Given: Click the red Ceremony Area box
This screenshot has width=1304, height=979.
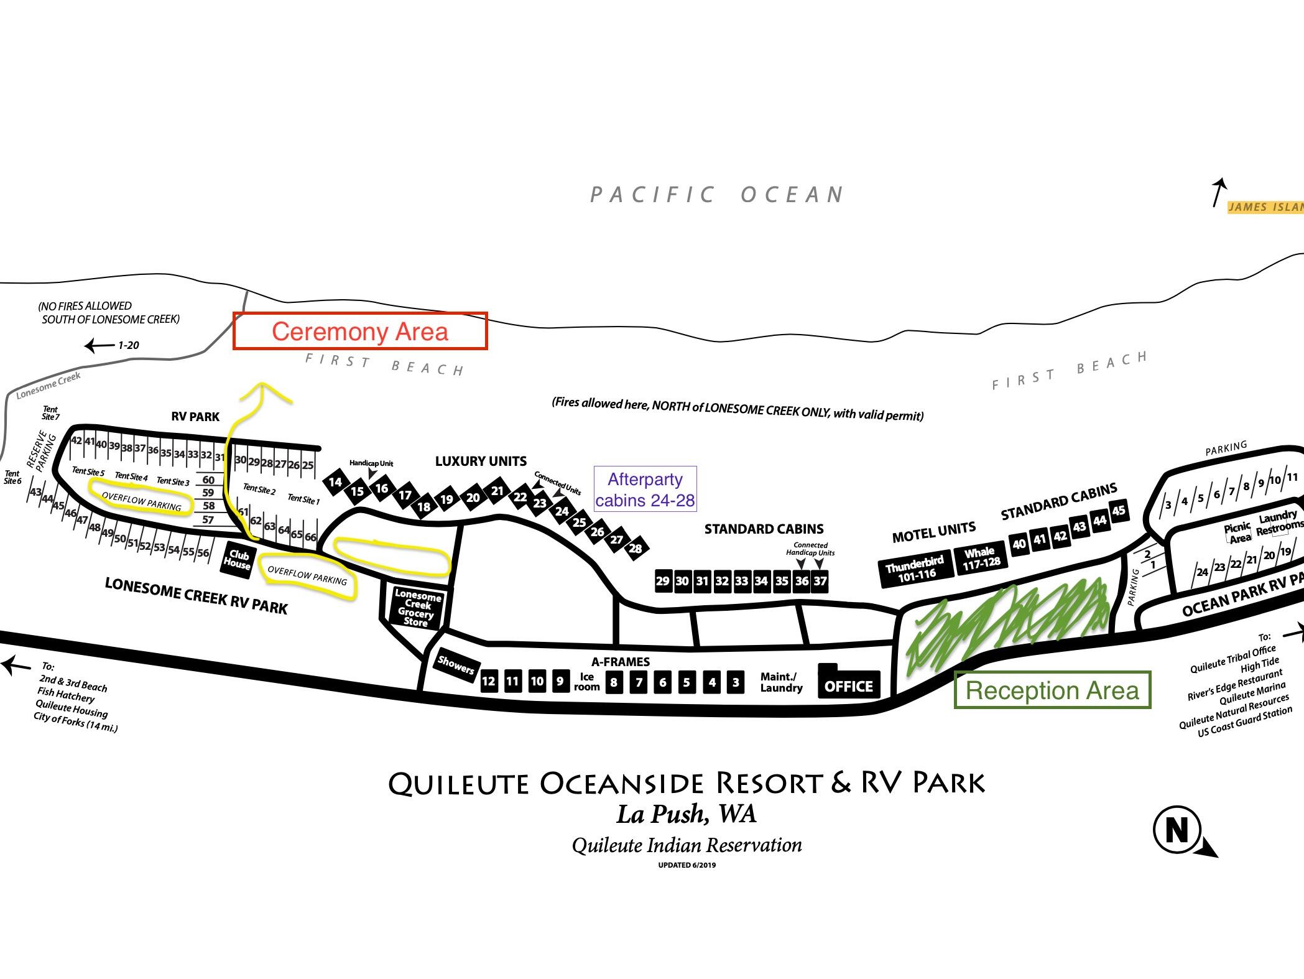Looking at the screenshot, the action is (360, 313).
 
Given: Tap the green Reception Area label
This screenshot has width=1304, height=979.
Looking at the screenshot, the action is (1052, 690).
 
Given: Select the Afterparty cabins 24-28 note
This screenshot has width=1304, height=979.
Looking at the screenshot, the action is (645, 489).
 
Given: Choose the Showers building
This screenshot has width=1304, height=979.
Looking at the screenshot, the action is (456, 666).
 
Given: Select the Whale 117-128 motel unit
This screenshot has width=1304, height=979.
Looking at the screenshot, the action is (981, 558).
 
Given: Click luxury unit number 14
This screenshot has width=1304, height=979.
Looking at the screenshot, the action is (335, 482).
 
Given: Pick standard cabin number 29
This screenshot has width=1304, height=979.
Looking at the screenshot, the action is (663, 581).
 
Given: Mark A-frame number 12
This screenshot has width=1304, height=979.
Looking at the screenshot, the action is (489, 681).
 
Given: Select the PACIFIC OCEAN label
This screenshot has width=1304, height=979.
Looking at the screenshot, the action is (717, 195).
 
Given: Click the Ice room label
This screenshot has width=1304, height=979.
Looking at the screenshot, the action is (586, 682).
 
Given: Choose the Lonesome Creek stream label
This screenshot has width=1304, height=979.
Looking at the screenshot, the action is (49, 386).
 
